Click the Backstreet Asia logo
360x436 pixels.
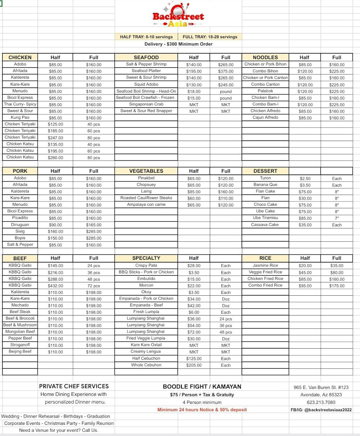(178, 15)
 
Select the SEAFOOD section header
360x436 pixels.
(146, 57)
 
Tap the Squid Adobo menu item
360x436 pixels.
(146, 84)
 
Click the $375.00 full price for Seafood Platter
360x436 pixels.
(226, 71)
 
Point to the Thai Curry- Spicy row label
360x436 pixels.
(20, 104)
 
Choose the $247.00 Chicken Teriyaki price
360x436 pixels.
(55, 138)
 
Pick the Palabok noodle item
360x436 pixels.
(265, 91)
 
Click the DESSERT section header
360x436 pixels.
(265, 171)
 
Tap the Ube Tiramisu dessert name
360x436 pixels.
(265, 218)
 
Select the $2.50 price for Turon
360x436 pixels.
(305, 178)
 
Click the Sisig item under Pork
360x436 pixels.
(20, 231)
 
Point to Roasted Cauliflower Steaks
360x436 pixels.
(146, 198)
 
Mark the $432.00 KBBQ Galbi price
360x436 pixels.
(55, 286)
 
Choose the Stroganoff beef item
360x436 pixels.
(20, 345)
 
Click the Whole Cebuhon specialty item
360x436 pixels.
(146, 365)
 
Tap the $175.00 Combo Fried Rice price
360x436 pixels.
(337, 286)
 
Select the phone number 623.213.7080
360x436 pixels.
(321, 403)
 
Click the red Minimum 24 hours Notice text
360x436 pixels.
(202, 409)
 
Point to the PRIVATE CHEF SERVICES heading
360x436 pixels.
(74, 386)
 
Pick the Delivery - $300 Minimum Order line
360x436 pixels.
(179, 44)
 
